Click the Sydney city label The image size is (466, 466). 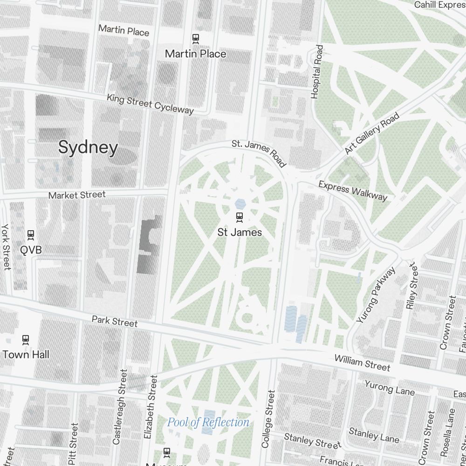click(x=88, y=148)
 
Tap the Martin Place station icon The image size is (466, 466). click(x=196, y=39)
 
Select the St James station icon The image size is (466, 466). click(x=240, y=216)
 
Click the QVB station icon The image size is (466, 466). click(x=31, y=234)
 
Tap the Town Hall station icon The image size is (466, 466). click(x=26, y=339)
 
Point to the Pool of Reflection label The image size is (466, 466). click(x=208, y=423)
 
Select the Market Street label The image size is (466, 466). click(x=77, y=195)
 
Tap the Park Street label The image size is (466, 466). click(x=115, y=322)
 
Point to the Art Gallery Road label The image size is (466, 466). click(x=372, y=133)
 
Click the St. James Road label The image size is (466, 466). click(x=259, y=152)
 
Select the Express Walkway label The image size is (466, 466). click(x=353, y=191)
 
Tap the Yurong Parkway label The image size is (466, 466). click(x=376, y=295)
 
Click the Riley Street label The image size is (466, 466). click(x=412, y=286)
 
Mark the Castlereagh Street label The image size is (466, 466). click(x=119, y=407)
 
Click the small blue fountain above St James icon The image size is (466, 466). click(x=240, y=204)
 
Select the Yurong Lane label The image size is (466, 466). click(x=389, y=388)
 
